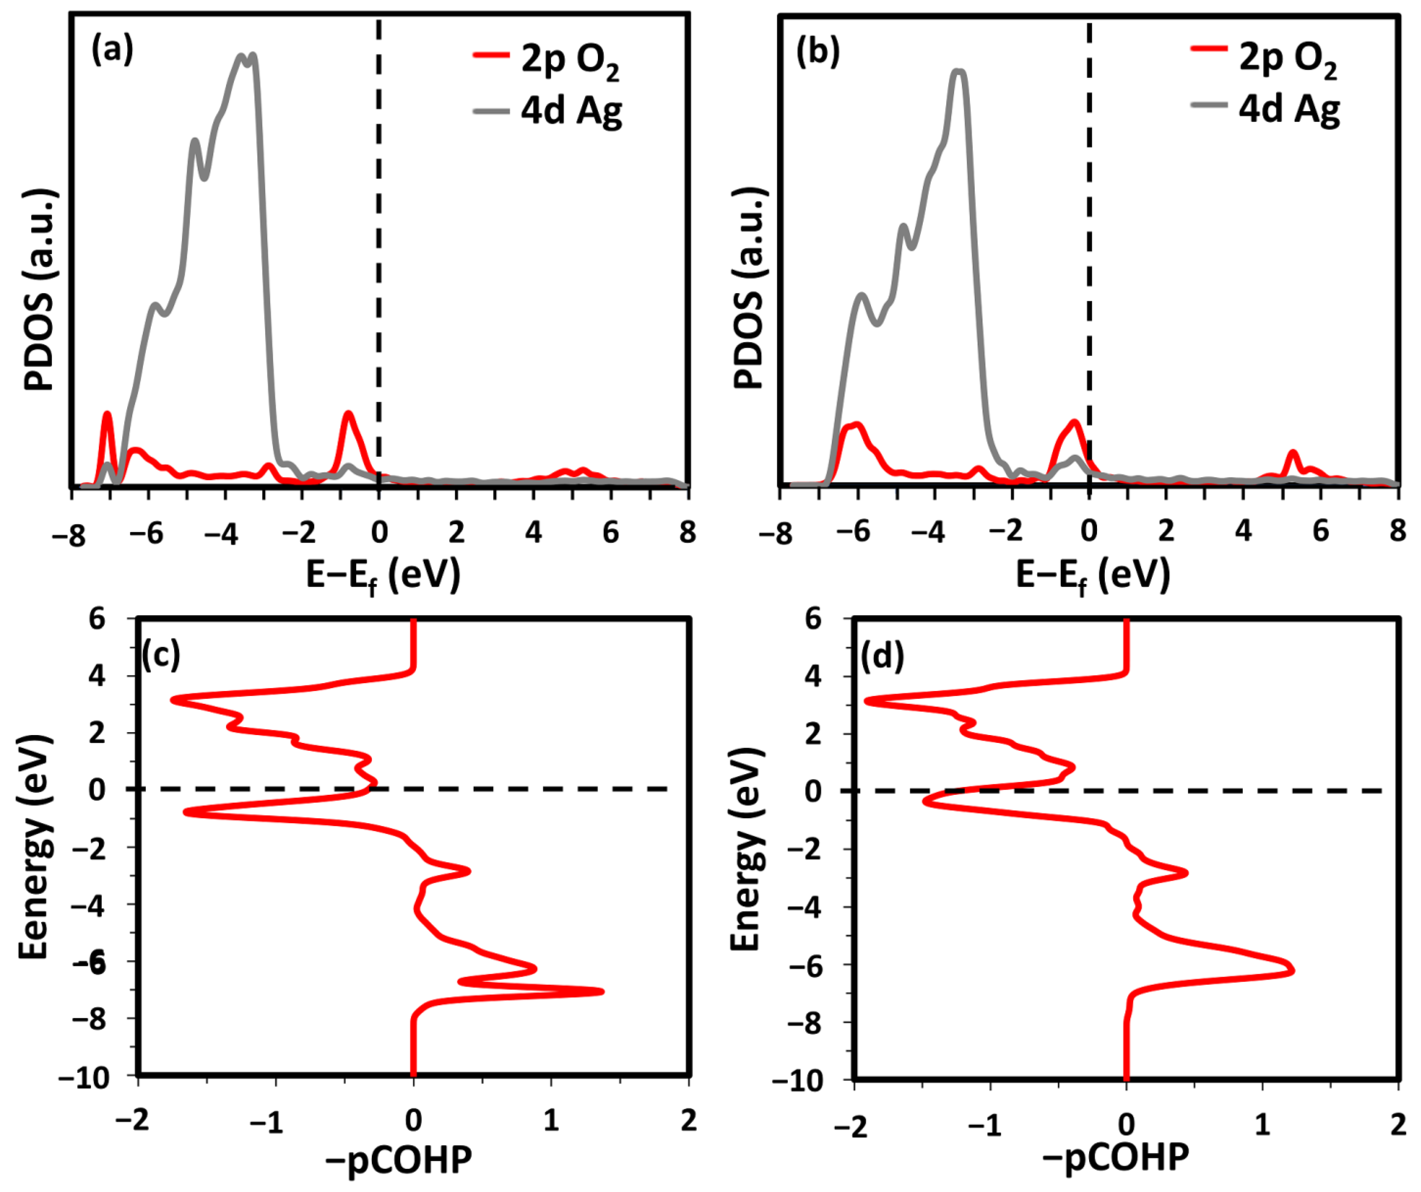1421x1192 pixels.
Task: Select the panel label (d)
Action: point(882,656)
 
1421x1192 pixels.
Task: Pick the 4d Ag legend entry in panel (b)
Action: point(1266,108)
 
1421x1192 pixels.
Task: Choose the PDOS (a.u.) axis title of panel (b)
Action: point(750,288)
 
